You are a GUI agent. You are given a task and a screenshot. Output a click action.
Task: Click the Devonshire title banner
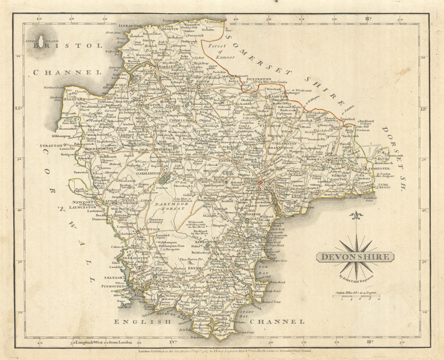(x=354, y=257)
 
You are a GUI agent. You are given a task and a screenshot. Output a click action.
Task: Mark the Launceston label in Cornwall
(x=81, y=207)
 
